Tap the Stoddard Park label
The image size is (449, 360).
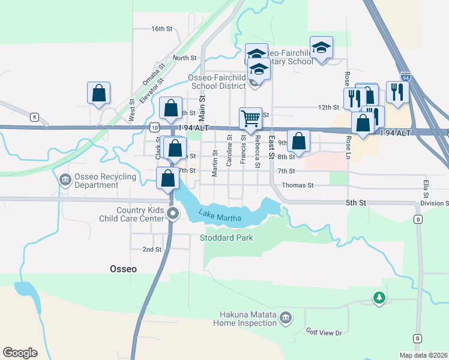coord(226,238)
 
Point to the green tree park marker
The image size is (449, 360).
coord(378,297)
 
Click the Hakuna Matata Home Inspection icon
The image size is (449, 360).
coord(285,317)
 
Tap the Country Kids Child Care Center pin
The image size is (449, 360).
coord(173,214)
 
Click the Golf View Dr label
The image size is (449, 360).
coord(324,332)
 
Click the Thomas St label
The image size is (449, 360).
coord(298,185)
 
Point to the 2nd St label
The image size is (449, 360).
coord(152,249)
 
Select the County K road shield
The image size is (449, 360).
coord(35,116)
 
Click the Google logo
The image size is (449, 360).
coord(20,352)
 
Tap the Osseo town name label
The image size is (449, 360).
coord(123,269)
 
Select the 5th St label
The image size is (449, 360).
coord(355,203)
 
